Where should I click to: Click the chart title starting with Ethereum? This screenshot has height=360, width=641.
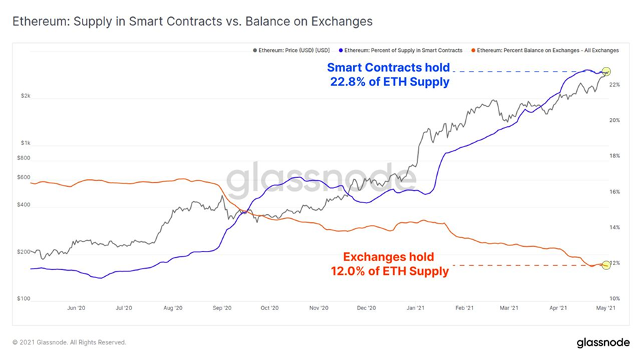coord(193,21)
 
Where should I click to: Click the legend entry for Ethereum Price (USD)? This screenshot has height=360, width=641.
coord(294,50)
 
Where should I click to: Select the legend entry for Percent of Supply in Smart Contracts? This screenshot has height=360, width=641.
coord(402,50)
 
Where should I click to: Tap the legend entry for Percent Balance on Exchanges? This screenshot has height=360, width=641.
coord(546,50)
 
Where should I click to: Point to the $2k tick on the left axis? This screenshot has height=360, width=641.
coord(25,96)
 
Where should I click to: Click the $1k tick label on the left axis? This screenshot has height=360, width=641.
coord(25,143)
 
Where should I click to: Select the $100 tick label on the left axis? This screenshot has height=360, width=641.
coord(24,299)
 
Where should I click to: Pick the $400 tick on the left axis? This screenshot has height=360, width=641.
coord(24,205)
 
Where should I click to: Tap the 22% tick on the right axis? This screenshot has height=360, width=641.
coord(614,85)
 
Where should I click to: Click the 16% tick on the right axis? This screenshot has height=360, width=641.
coord(614,192)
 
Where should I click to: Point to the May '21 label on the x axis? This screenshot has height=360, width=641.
coord(606,308)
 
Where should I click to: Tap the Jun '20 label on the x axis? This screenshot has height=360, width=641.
coord(76,308)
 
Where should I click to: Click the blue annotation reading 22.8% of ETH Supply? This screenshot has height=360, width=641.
coord(389,75)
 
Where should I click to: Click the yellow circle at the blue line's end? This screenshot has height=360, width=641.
coord(606,72)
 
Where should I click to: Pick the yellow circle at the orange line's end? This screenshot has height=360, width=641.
coord(606,265)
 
